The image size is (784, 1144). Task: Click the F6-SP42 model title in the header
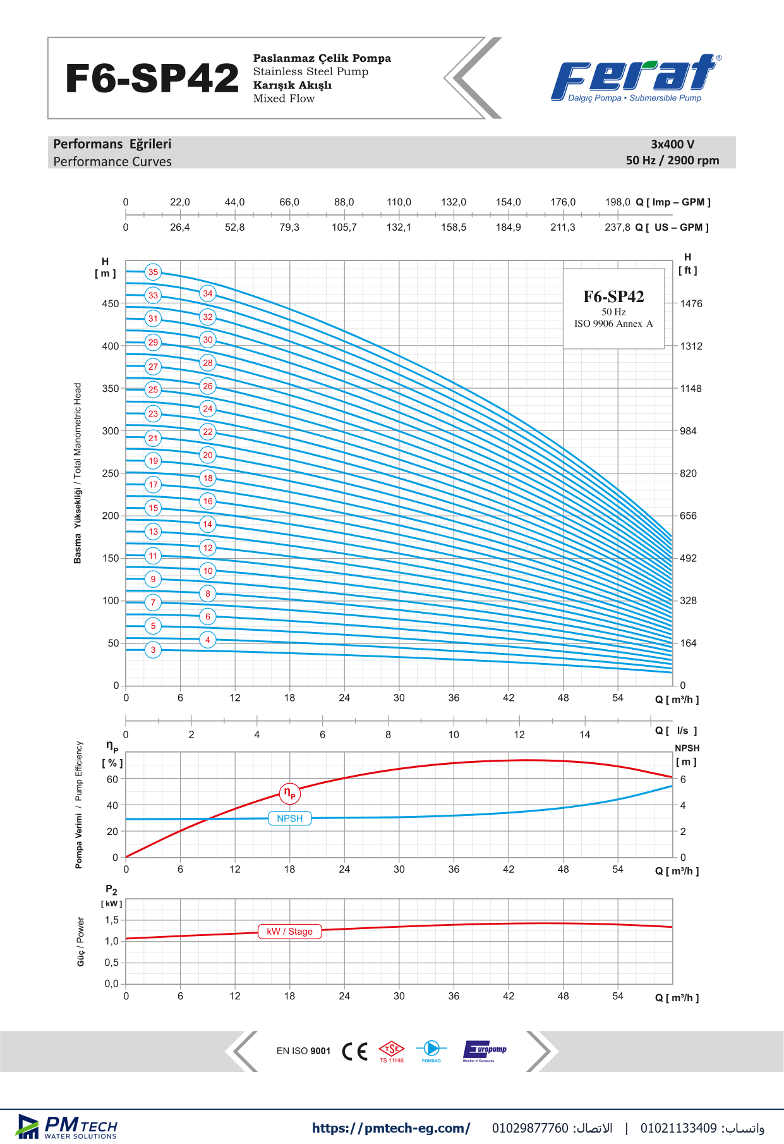[x=152, y=78]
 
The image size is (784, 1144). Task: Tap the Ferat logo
[x=636, y=78]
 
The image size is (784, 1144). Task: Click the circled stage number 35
[x=153, y=272]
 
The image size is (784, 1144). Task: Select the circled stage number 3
[x=153, y=650]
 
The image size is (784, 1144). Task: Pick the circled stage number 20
[x=208, y=455]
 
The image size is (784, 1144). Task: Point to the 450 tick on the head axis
[x=111, y=303]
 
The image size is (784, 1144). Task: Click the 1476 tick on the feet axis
[x=691, y=303]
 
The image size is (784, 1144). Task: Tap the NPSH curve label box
[x=290, y=818]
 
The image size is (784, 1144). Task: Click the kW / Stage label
[x=290, y=932]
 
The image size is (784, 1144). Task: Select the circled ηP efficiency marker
[x=289, y=793]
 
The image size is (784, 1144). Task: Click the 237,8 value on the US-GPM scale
[x=617, y=228]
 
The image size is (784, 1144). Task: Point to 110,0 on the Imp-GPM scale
[x=399, y=202]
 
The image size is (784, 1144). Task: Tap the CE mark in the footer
[x=354, y=1051]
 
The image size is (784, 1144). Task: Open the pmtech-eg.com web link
[x=391, y=1128]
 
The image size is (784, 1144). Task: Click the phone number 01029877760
[x=530, y=1128]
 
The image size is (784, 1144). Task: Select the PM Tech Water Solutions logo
[x=67, y=1127]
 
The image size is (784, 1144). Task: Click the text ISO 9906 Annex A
[x=613, y=324]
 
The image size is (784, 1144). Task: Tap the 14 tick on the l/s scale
[x=585, y=734]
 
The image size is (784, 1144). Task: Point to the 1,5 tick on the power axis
[x=112, y=920]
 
